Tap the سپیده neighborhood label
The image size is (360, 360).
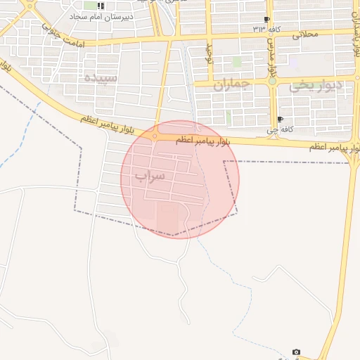[101, 77]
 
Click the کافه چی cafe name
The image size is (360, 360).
[271, 131]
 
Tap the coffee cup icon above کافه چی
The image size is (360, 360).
[281, 120]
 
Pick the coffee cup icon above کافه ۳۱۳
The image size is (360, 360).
[266, 19]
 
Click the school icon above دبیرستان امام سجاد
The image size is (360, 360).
[101, 6]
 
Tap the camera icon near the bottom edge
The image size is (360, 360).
[296, 352]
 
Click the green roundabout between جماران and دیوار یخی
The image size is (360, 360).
[272, 82]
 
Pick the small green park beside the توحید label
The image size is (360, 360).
[237, 62]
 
